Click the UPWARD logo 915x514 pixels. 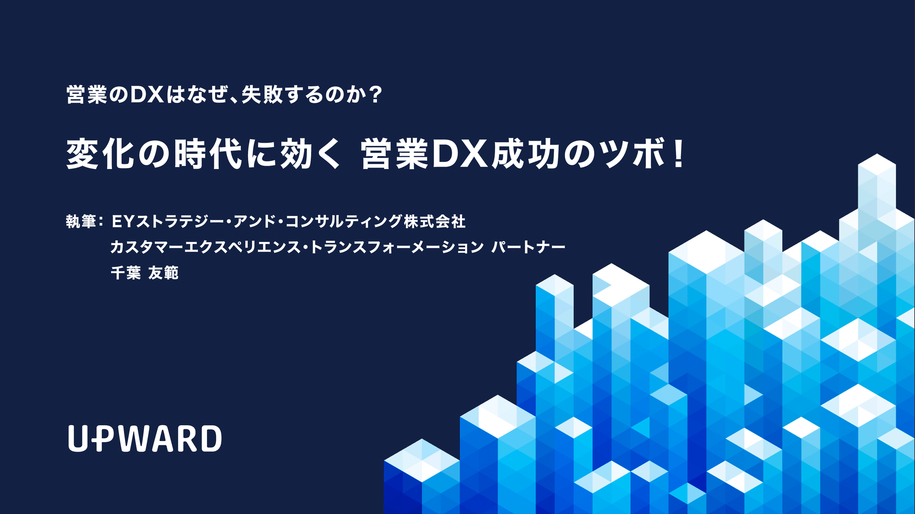[x=145, y=438]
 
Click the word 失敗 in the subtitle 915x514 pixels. [x=262, y=95]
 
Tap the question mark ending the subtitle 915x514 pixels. [x=375, y=95]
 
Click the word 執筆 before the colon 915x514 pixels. [x=81, y=222]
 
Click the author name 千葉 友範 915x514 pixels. [x=145, y=273]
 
